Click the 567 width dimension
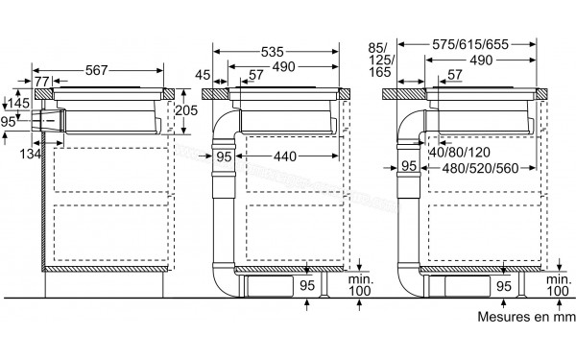(x=97, y=70)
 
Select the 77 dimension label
(x=42, y=82)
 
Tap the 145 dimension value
(x=19, y=104)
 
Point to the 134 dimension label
(x=30, y=154)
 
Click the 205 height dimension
(x=186, y=110)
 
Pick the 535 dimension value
(x=273, y=52)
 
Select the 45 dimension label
(x=203, y=75)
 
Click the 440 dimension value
(x=285, y=156)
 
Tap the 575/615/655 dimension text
(x=470, y=44)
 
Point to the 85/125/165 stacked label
(x=380, y=60)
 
